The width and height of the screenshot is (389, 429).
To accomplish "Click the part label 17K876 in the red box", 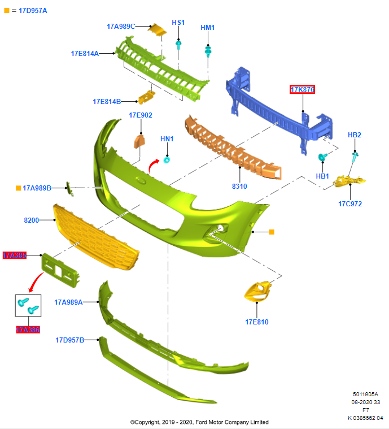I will coord(302,89).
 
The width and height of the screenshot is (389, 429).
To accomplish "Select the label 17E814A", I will coord(85,54).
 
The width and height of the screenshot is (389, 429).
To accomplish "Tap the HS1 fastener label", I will coord(178,23).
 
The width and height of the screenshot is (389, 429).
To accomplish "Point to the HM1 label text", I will coord(208,28).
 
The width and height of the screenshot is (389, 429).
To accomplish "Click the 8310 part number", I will coord(239,186).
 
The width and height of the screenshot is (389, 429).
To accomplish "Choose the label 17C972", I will coord(350,203).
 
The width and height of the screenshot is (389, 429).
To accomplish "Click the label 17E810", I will coord(257,322).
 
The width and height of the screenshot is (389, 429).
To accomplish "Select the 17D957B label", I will coord(69,340).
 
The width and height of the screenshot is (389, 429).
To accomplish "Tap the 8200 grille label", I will coord(32,220).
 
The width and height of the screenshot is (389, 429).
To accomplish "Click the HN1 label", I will coord(167,139).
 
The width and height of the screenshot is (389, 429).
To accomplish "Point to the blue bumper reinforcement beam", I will coord(277,107).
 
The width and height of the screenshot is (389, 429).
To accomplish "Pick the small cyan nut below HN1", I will coord(167,159).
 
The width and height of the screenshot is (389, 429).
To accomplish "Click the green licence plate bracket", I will coord(59,268).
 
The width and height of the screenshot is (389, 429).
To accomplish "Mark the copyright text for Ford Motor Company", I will coord(199,422).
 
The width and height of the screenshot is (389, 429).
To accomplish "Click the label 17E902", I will coord(141,115).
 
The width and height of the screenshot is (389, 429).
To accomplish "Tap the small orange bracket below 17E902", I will coord(139,140).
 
